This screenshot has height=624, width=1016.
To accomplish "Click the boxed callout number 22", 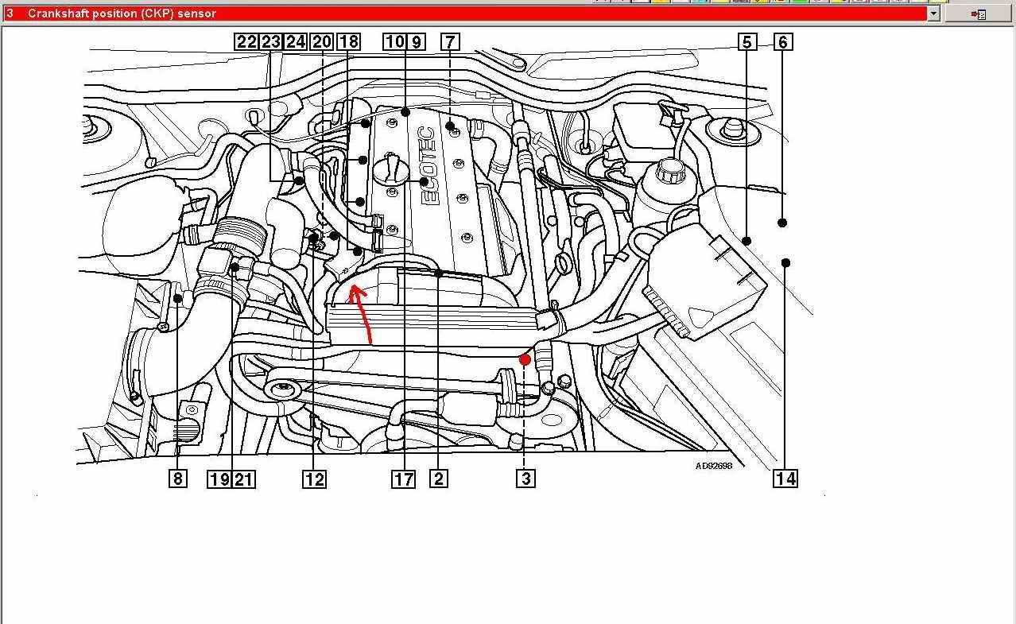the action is click(x=246, y=41).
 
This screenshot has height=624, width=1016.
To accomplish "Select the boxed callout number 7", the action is click(x=450, y=41).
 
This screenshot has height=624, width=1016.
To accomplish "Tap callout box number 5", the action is click(x=747, y=42).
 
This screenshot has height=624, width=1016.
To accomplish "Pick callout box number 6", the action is click(x=783, y=42).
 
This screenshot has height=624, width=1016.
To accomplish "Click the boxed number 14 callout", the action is click(x=785, y=479).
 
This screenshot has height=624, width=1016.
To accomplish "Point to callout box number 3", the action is click(x=525, y=479).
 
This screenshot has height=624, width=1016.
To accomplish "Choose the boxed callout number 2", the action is click(x=439, y=479).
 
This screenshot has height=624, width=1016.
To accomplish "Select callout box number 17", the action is click(x=403, y=479).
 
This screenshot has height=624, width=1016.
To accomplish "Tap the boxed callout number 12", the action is click(x=314, y=479).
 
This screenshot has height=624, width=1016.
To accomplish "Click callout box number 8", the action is click(x=178, y=479).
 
